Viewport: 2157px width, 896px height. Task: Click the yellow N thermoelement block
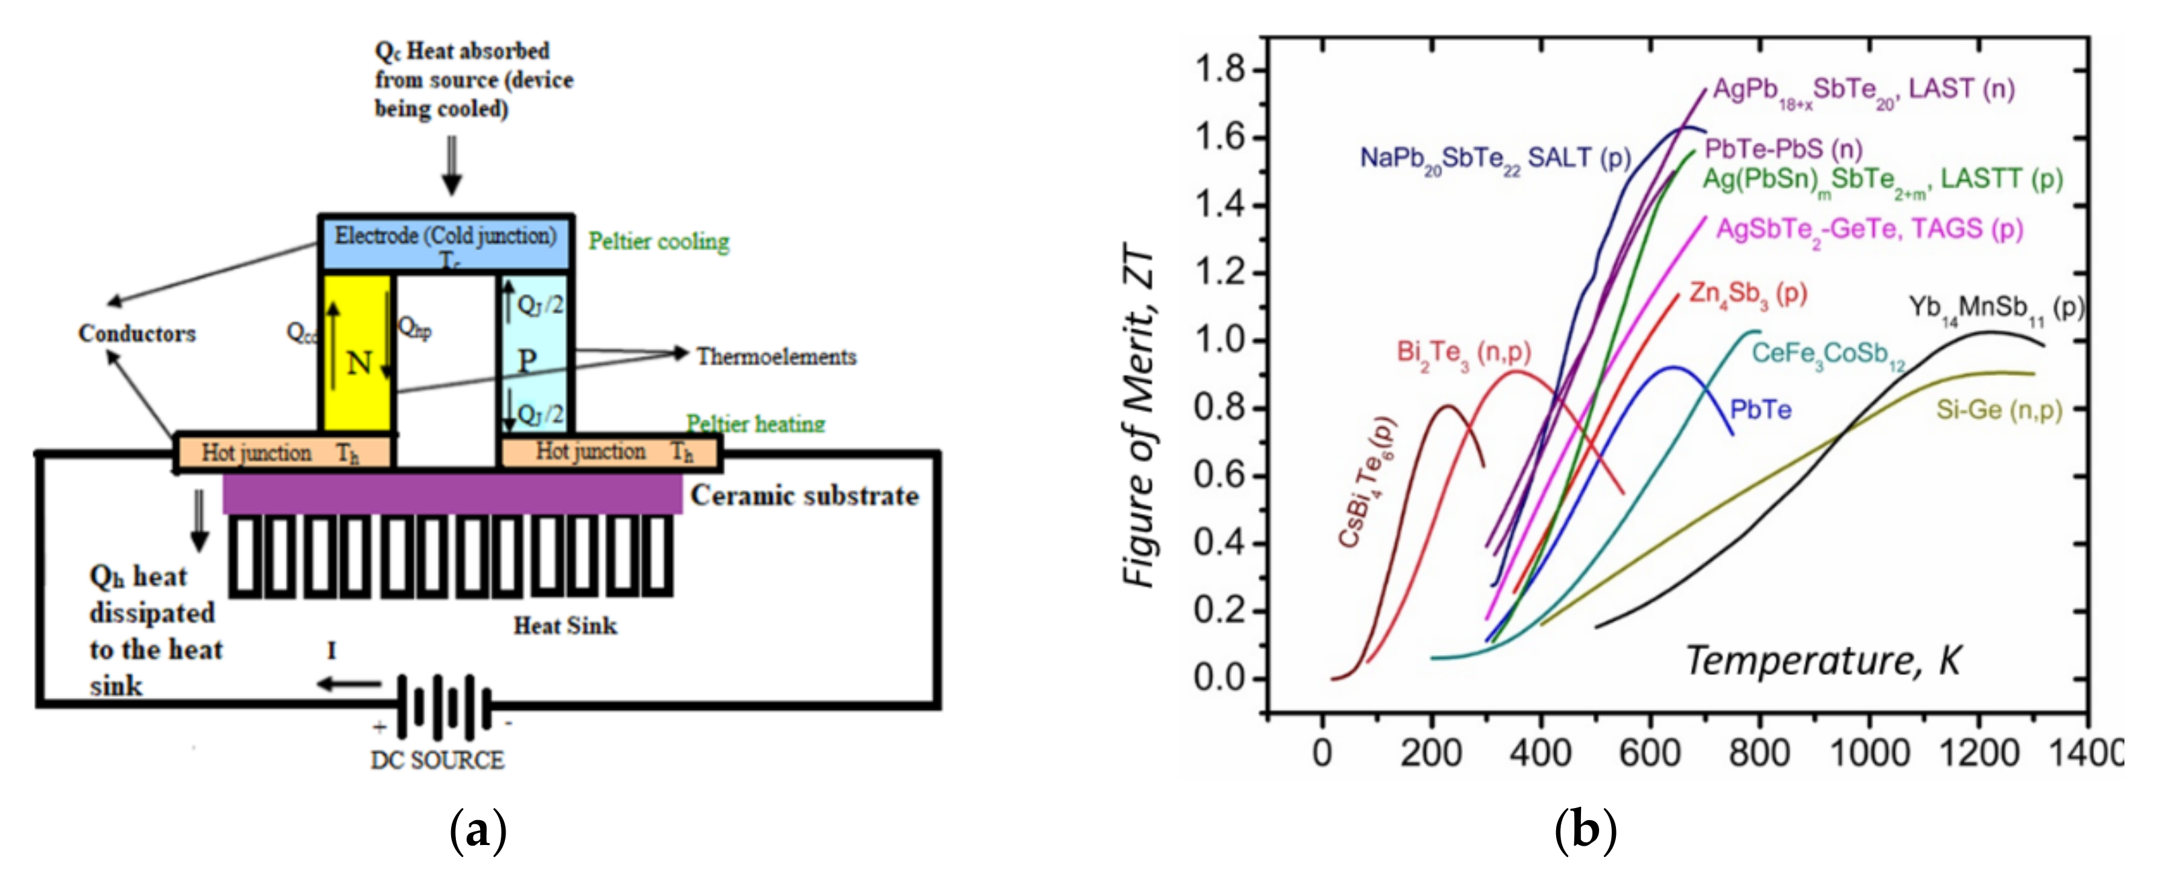(356, 352)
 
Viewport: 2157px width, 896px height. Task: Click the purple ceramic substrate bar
(452, 493)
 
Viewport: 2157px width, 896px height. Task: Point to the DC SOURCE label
(437, 760)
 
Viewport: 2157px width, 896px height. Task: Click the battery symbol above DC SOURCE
(444, 706)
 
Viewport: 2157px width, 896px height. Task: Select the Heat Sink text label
(565, 626)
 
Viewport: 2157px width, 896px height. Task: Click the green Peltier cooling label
(658, 242)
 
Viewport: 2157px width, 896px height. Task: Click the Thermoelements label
(776, 357)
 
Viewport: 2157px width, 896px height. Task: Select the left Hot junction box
(283, 453)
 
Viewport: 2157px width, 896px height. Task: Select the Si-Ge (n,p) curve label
(1999, 410)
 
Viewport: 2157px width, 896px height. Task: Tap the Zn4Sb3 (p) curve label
(1748, 294)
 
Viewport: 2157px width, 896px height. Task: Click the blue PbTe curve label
(1761, 409)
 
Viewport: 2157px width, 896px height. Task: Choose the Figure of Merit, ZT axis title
(1138, 415)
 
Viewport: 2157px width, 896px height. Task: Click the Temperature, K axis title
(1823, 660)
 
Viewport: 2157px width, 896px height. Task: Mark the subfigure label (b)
(1585, 831)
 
